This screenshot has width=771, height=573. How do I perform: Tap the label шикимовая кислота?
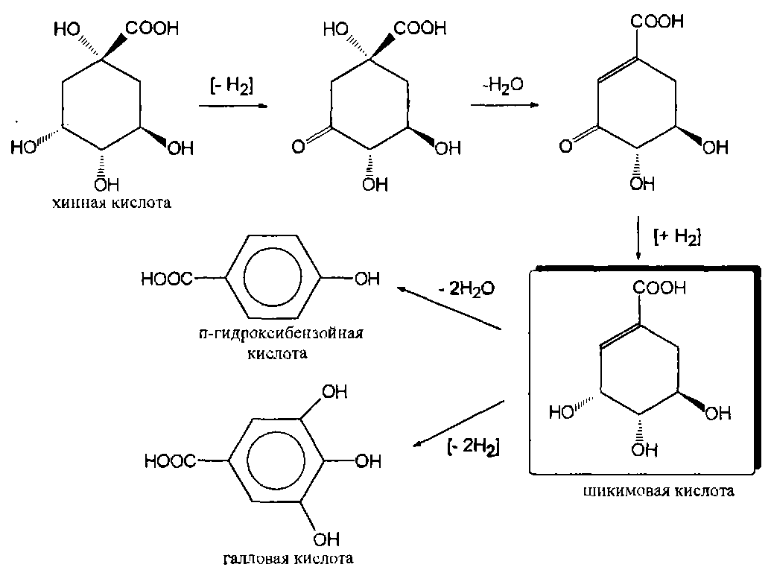point(659,492)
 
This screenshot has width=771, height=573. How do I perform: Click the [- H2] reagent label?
point(232,85)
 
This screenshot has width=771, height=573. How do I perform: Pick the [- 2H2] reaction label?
point(474,449)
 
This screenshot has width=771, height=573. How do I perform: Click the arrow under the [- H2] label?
point(232,107)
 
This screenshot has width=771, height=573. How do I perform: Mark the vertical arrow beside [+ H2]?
point(638,238)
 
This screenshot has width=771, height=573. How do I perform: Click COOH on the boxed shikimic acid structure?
point(659,288)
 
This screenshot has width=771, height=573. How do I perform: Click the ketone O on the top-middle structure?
point(298,148)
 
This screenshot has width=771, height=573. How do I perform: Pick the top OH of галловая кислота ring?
point(329,391)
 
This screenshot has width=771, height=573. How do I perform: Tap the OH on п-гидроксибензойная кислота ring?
point(362,279)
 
